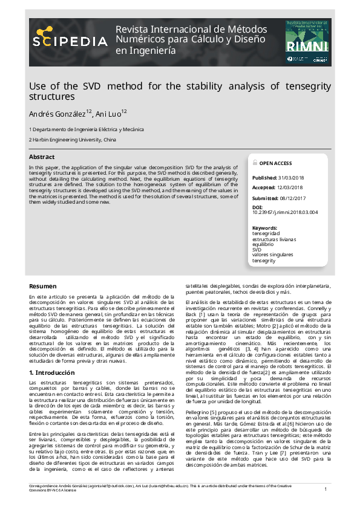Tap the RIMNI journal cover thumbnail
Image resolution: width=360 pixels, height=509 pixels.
tap(307, 42)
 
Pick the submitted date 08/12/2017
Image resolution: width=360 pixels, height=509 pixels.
tap(295, 198)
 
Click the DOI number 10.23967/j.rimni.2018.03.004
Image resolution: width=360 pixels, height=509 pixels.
tap(284, 212)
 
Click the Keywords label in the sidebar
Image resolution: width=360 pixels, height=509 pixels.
tap(264, 228)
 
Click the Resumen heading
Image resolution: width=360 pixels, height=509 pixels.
tap(43, 286)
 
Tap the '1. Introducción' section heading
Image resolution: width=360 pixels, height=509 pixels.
tap(53, 373)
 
